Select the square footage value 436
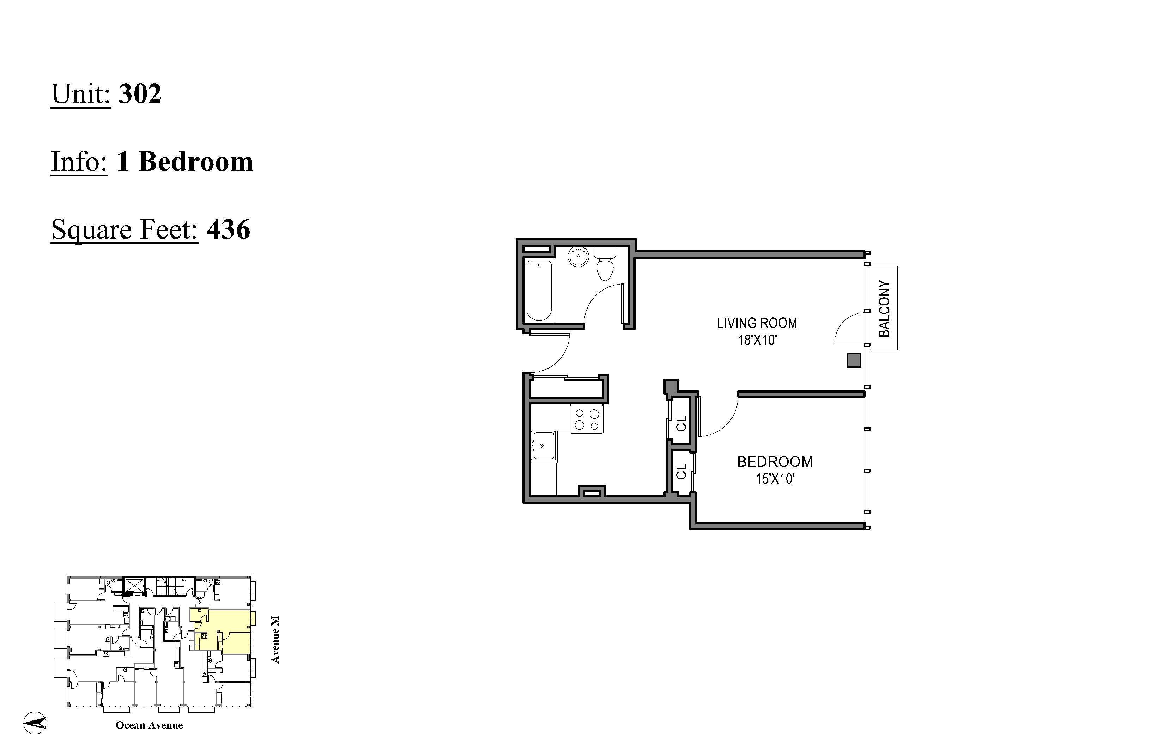click(x=229, y=229)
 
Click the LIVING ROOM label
click(x=757, y=323)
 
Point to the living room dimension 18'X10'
click(x=757, y=340)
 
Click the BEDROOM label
click(x=775, y=461)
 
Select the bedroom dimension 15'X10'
click(x=775, y=479)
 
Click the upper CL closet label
click(x=681, y=423)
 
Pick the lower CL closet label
click(x=681, y=472)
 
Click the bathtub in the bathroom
click(x=539, y=290)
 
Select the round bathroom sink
click(x=579, y=257)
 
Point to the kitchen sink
click(x=543, y=445)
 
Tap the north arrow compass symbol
click(x=35, y=723)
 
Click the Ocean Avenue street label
click(x=149, y=725)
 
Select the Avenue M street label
click(x=275, y=640)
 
